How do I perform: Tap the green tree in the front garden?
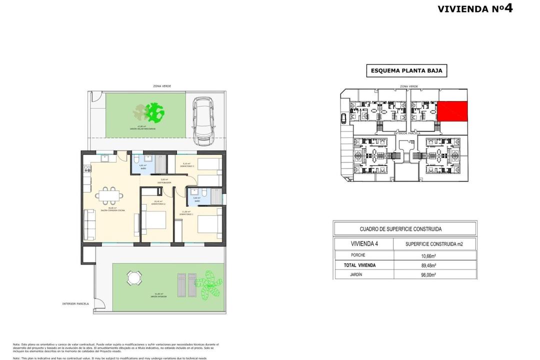[x=155, y=112]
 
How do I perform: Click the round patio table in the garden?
[x=134, y=278]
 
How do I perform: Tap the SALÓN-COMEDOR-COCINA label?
[x=112, y=210]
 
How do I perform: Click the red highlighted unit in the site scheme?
[x=452, y=111]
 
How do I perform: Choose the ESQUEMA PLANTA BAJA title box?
[x=406, y=71]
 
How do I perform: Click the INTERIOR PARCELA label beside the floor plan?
[x=75, y=303]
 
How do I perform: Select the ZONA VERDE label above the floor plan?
[x=162, y=86]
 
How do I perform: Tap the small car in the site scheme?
[x=343, y=118]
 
